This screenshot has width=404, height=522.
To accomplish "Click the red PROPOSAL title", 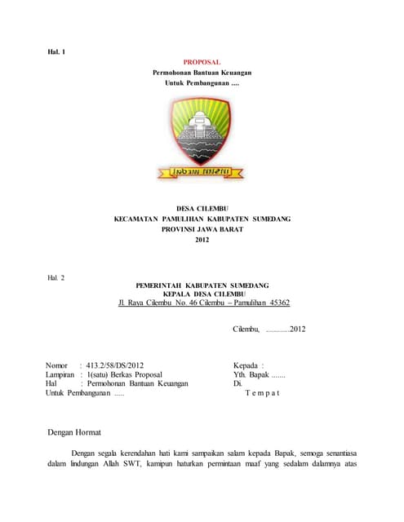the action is coord(202,62).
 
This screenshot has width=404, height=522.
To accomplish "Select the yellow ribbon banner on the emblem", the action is coord(202,172).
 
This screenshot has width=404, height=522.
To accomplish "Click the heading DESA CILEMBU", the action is coord(202,210).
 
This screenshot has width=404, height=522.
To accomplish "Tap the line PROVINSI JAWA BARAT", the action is coord(202,230).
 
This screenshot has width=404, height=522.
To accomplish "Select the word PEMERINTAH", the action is coord(164,285).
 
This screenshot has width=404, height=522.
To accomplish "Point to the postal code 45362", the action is coord(273,303).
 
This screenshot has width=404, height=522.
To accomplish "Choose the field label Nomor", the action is coord(56,365).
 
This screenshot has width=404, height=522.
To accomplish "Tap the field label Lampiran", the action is coord(60,374).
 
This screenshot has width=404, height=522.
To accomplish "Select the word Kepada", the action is coord(246,365).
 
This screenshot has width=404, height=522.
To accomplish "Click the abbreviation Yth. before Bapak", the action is coord(241,374).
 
